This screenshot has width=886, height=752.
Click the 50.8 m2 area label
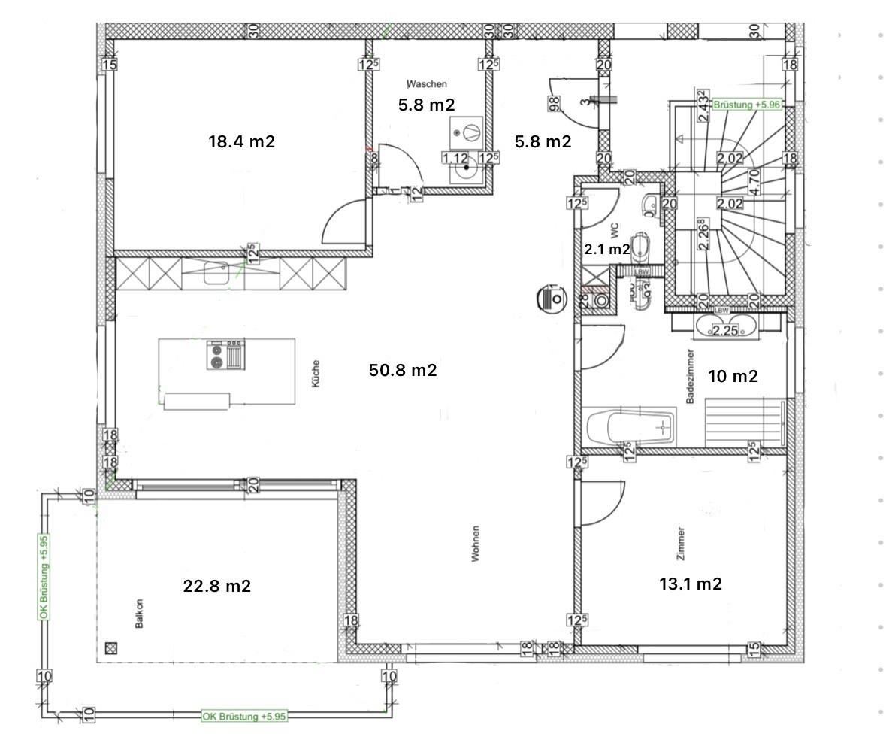(x=403, y=370)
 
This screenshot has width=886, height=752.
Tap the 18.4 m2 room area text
(x=241, y=141)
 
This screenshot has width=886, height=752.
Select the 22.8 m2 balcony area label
(x=217, y=586)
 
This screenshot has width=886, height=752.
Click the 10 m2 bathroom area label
(x=733, y=376)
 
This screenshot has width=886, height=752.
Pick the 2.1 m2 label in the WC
(x=607, y=250)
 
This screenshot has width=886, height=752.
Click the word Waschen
(x=427, y=84)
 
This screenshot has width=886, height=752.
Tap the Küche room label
(x=316, y=374)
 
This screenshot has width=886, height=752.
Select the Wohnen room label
(x=475, y=543)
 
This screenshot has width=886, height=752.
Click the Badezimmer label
(x=690, y=376)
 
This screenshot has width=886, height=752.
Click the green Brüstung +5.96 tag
(x=747, y=105)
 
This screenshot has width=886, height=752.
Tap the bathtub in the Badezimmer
(x=630, y=428)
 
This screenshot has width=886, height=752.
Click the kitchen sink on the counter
(x=216, y=272)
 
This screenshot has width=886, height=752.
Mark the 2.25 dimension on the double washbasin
(x=726, y=330)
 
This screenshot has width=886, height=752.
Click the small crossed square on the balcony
(x=112, y=647)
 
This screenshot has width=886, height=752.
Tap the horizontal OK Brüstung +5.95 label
(x=244, y=717)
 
